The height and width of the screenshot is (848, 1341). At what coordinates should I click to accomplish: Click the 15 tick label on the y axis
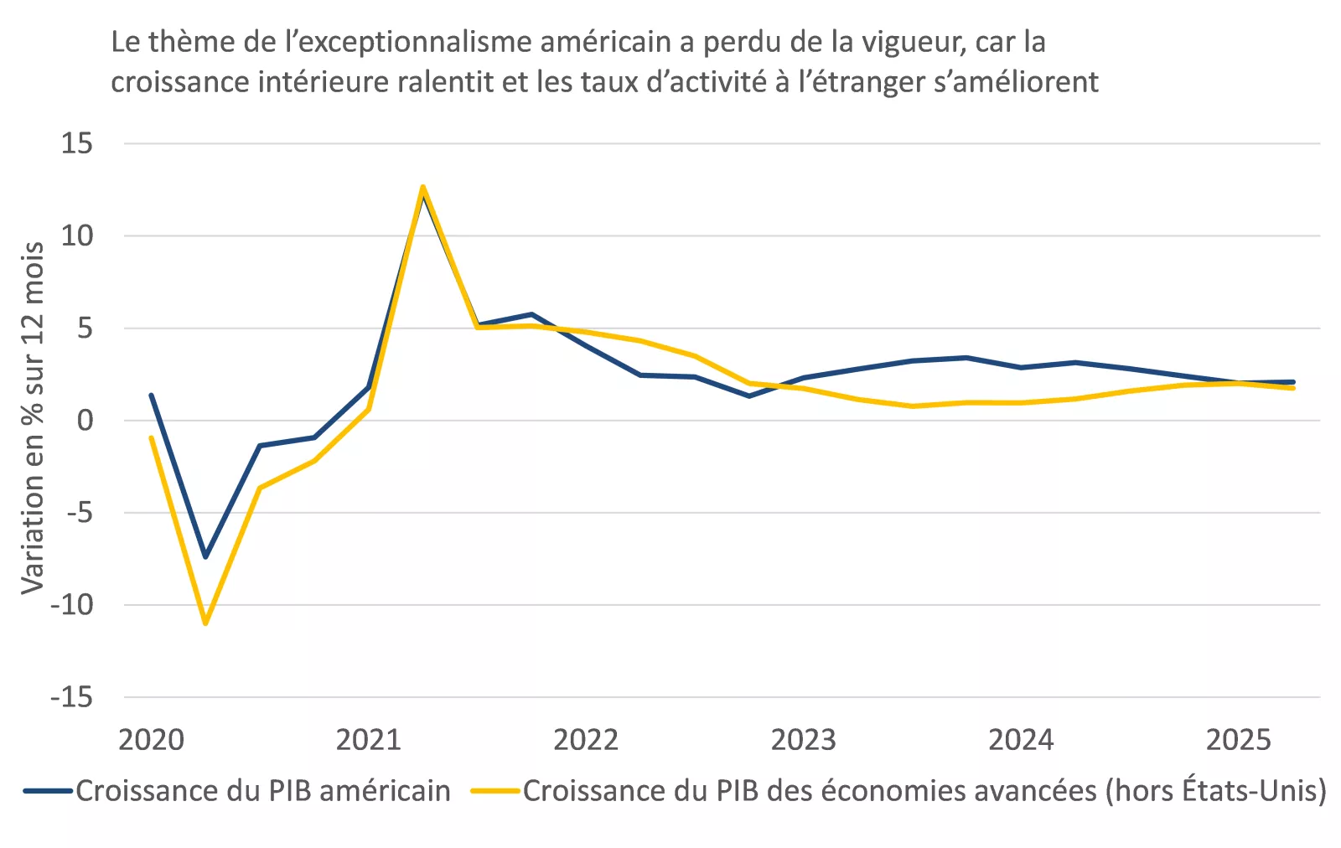coord(76,143)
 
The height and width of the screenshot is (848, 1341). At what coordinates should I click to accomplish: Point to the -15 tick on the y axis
coord(71,696)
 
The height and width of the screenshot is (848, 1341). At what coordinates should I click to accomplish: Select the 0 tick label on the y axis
coord(85,420)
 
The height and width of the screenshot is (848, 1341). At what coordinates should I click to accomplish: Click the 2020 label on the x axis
coord(151,740)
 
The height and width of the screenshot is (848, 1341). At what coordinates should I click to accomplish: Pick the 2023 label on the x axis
coord(803,740)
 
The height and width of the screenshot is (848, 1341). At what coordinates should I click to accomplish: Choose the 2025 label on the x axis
coord(1238,740)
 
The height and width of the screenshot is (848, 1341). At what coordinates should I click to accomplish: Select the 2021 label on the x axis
coord(368,740)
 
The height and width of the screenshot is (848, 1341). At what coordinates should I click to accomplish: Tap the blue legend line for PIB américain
coord(49,791)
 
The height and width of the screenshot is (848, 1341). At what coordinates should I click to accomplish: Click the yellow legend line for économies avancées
coord(495,791)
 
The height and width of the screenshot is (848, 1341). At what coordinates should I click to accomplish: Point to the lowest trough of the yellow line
coord(205,623)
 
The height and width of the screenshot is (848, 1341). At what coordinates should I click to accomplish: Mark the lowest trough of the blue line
coord(205,556)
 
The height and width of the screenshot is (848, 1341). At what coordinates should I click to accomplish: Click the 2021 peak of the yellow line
coord(423,187)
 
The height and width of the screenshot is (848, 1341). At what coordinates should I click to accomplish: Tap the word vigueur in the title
coord(902,42)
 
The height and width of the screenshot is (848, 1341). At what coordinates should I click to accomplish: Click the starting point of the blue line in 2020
coord(151,395)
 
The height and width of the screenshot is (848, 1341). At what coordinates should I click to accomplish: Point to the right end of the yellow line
coord(1293,388)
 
